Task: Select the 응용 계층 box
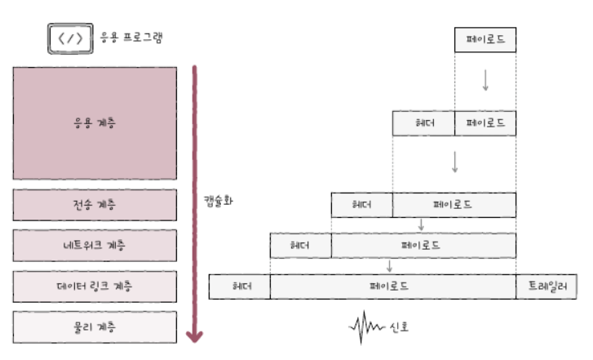(95, 123)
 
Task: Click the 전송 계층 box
(95, 204)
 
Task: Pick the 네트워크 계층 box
(95, 245)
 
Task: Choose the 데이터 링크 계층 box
(95, 287)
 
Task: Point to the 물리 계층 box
(95, 327)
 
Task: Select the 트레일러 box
(547, 287)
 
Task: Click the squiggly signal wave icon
(366, 327)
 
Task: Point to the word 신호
(399, 327)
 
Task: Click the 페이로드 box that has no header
(485, 39)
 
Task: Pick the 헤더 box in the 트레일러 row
(240, 287)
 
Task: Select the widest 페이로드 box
(392, 287)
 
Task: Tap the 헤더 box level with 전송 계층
(361, 204)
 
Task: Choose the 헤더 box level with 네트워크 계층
(300, 245)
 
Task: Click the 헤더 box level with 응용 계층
(423, 123)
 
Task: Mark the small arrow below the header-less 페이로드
(485, 79)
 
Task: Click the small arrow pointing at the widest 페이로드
(390, 265)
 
